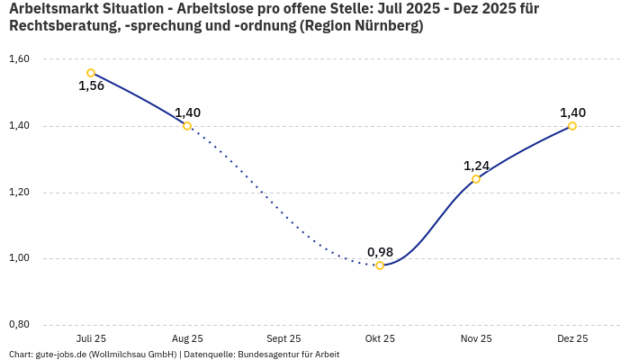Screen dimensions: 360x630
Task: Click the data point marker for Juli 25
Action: (91, 73)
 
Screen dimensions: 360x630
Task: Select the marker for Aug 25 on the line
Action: (187, 126)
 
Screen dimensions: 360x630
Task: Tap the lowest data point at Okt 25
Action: (380, 265)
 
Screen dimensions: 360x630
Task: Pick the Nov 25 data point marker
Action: (476, 179)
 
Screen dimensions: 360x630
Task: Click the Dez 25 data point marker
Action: (572, 126)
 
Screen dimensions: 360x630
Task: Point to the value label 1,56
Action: (91, 86)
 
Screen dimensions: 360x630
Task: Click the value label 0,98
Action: (380, 251)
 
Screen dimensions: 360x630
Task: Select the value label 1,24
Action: (476, 166)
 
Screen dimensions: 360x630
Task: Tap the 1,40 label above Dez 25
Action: (572, 112)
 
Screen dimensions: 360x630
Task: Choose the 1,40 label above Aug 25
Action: (187, 112)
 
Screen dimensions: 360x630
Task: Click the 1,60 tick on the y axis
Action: (19, 59)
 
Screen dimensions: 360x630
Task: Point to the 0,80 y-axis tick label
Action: (19, 325)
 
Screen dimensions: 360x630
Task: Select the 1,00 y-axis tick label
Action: (19, 258)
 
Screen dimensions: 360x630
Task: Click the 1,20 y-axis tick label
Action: (19, 193)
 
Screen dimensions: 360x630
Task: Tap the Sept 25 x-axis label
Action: (283, 339)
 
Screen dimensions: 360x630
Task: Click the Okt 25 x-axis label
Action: (380, 339)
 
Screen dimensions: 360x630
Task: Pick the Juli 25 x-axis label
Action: (91, 339)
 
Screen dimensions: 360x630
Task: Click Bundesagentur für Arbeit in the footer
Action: (288, 355)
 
